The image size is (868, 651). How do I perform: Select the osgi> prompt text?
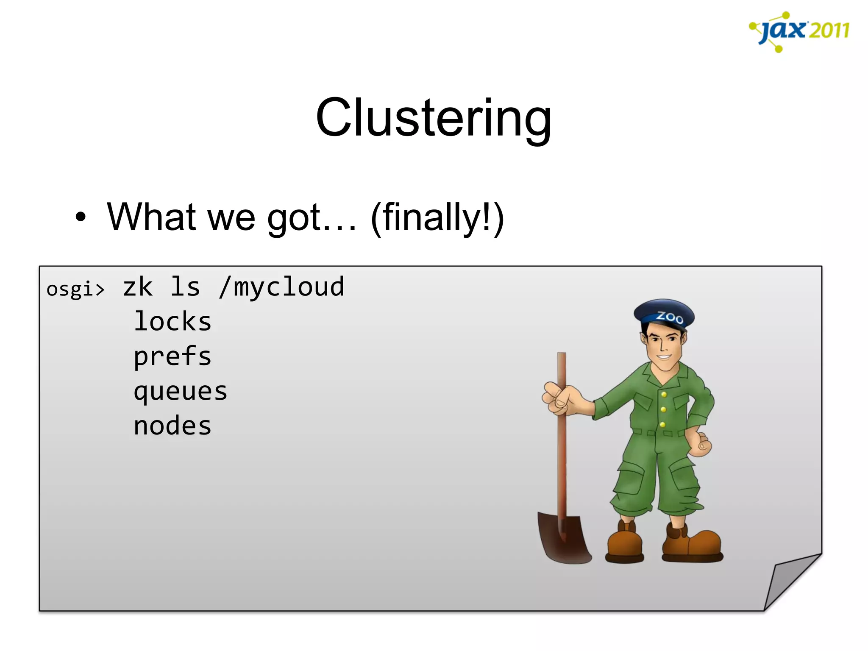tap(75, 289)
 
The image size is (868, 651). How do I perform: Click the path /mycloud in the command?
tap(281, 287)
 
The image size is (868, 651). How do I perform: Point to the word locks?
tap(172, 322)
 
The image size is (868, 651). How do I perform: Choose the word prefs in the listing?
tap(172, 356)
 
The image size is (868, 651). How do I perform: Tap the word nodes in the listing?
tap(172, 426)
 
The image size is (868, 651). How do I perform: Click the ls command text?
tap(185, 287)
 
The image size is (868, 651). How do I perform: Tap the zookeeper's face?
tap(663, 345)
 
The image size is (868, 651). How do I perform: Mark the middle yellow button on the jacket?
tap(663, 409)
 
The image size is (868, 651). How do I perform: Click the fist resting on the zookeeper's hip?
tap(701, 444)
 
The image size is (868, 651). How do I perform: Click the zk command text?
tap(138, 287)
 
